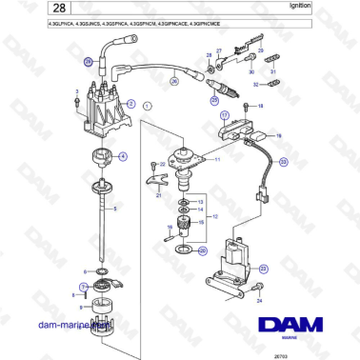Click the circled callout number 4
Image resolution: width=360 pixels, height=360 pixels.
point(122,155)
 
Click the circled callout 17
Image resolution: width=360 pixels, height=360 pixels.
point(226,117)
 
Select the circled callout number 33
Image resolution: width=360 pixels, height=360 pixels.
point(283,163)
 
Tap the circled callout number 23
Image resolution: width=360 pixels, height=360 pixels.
point(263,270)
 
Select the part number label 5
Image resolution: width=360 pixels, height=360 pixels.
point(115,208)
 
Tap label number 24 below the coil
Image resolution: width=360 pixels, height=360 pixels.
point(259,300)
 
